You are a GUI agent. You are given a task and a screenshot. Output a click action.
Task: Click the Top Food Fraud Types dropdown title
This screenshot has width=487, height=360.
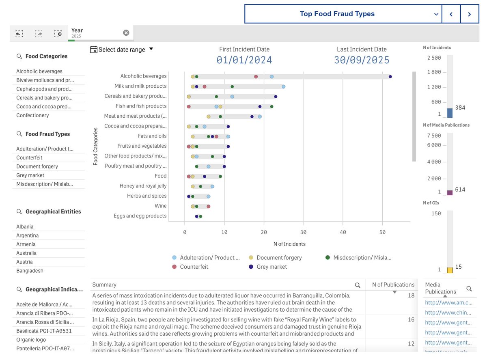click(x=337, y=14)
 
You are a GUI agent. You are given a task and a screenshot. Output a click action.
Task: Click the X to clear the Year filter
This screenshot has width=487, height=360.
click(x=126, y=32)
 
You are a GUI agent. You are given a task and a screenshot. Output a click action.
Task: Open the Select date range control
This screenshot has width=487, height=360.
click(x=122, y=50)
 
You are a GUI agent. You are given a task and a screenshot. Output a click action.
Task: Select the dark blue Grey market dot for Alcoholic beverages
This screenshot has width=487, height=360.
click(x=390, y=76)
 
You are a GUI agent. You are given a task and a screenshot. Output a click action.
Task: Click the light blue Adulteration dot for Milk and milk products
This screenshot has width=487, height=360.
click(x=283, y=86)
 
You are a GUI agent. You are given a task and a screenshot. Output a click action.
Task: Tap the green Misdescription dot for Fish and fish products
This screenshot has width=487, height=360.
click(x=272, y=106)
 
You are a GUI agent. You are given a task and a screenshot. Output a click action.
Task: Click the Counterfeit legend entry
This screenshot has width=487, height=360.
click(x=194, y=267)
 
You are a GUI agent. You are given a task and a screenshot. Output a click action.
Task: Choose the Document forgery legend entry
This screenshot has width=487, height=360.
click(x=279, y=257)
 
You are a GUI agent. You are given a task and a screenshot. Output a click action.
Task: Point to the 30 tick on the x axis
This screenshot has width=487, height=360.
click(x=303, y=232)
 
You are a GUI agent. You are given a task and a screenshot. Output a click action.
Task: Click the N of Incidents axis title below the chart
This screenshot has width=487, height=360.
click(x=289, y=244)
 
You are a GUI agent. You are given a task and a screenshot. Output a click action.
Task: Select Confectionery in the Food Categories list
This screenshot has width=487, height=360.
click(x=32, y=115)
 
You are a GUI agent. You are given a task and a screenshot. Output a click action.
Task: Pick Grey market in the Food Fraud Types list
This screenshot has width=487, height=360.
click(x=30, y=175)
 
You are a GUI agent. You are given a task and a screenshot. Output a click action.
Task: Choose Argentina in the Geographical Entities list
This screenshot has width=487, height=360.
click(x=28, y=235)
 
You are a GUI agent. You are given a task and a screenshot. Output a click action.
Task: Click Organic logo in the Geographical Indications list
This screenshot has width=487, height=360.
click(x=31, y=340)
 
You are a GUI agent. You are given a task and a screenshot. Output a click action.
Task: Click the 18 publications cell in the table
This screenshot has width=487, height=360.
click(x=411, y=295)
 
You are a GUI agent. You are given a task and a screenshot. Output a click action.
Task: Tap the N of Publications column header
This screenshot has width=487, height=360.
click(x=393, y=285)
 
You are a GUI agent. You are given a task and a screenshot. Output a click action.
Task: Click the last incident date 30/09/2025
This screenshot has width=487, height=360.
click(x=362, y=60)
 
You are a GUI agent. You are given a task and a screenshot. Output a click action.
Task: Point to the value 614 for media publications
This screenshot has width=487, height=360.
click(x=460, y=190)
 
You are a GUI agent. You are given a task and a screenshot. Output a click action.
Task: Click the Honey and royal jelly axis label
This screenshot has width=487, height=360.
click(x=143, y=186)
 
